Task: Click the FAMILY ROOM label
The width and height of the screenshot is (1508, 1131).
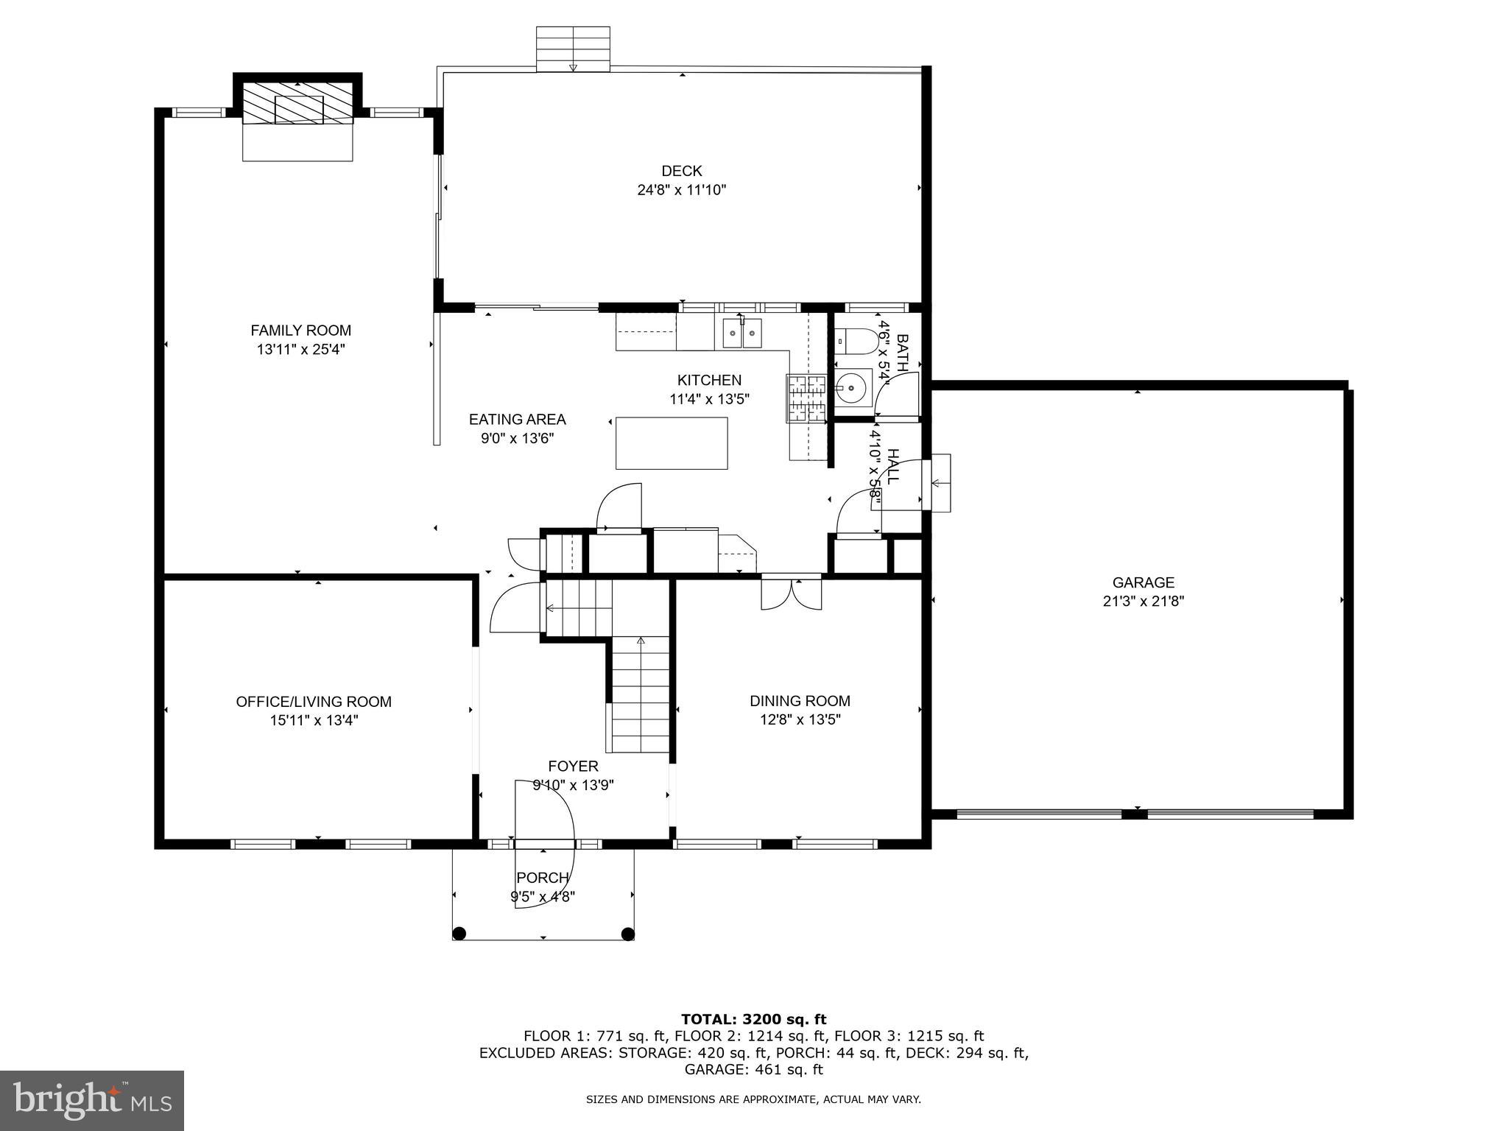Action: [300, 331]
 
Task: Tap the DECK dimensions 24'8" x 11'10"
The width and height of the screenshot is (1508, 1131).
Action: [681, 190]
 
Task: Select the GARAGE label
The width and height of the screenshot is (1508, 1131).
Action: [1143, 582]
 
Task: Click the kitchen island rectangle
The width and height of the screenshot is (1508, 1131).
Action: [671, 443]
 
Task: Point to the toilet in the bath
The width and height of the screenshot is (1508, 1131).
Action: [858, 341]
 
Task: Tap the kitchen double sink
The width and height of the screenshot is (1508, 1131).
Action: [741, 334]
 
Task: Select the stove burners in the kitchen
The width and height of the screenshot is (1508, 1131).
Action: [808, 399]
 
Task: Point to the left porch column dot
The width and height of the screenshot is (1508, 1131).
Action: [459, 934]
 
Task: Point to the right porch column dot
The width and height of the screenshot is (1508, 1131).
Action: [627, 934]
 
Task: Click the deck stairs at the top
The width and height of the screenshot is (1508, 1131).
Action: [573, 48]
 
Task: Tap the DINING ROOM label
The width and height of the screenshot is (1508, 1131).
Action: [800, 701]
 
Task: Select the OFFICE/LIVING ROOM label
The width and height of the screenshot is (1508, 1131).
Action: [314, 702]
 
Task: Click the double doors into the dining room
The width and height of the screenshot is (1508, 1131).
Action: [792, 594]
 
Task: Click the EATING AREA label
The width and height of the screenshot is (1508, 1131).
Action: [517, 420]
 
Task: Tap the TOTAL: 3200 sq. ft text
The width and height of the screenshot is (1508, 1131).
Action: [753, 1019]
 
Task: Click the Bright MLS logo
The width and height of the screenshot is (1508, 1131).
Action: [92, 1100]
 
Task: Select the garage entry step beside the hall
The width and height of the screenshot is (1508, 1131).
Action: [940, 483]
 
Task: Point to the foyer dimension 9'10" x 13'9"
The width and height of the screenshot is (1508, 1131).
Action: [573, 785]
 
